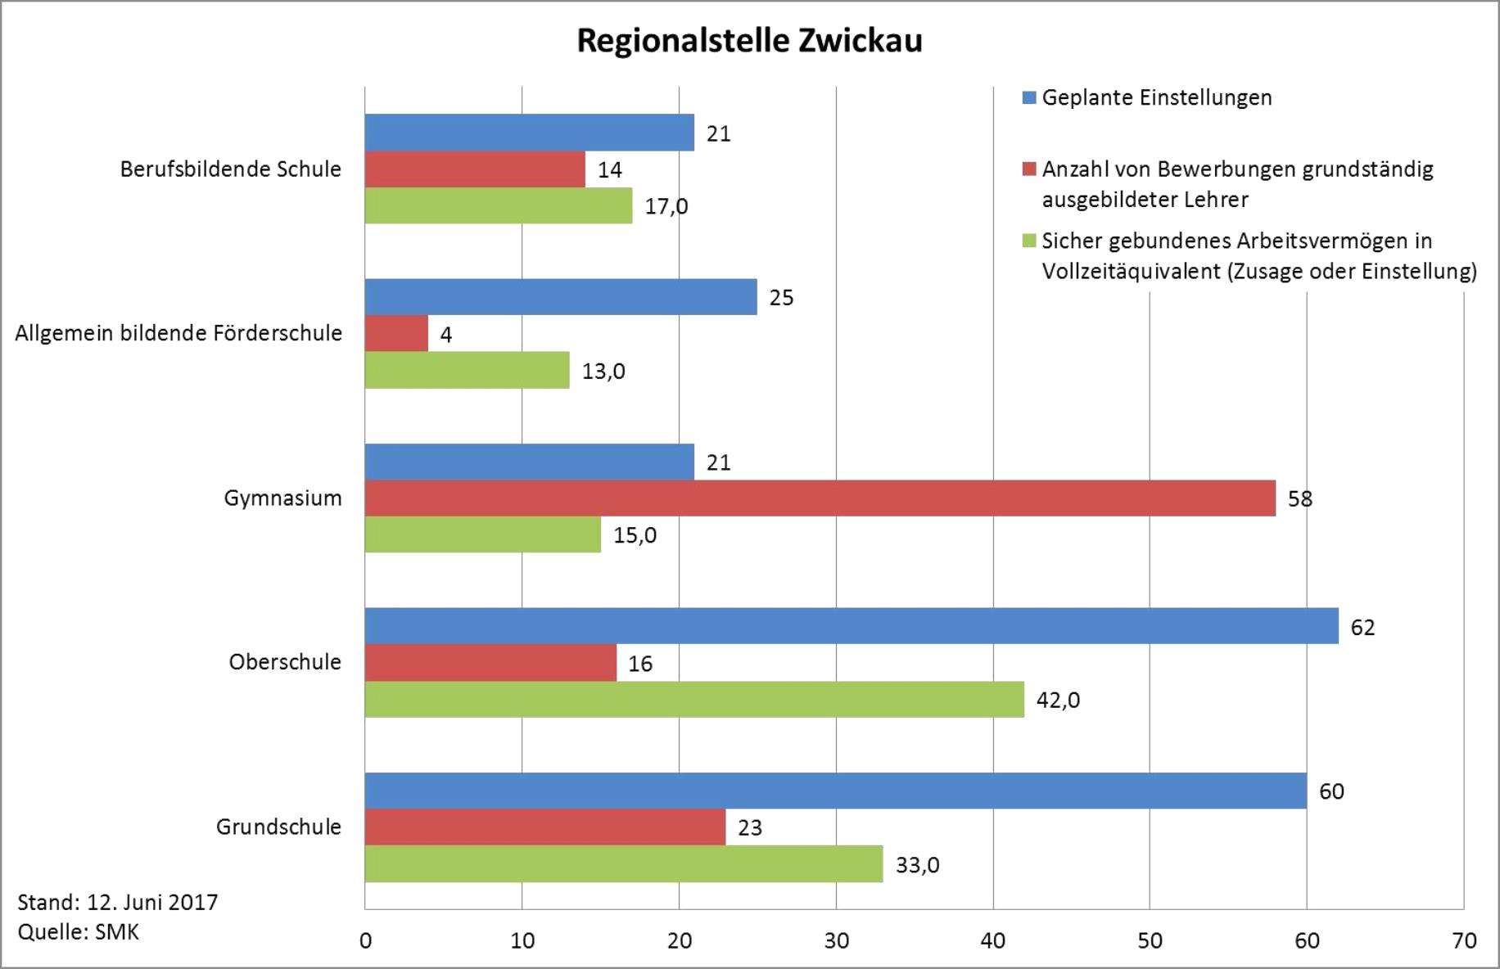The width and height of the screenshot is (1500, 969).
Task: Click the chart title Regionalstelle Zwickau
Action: [749, 41]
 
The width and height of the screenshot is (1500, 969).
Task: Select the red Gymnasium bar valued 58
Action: [820, 498]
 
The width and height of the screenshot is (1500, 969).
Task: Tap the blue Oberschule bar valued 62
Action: [852, 626]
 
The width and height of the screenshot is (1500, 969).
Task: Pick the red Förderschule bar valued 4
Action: [396, 334]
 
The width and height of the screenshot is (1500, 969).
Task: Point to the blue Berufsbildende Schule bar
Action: [530, 133]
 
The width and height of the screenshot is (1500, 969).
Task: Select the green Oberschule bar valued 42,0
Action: [694, 700]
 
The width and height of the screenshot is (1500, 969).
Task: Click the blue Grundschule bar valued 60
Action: [836, 791]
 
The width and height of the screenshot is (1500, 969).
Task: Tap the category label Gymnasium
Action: [282, 498]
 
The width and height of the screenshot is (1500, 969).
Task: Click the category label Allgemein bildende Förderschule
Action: [178, 334]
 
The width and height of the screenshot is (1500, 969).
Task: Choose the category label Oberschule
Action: [285, 662]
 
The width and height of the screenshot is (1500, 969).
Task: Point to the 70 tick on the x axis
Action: [1464, 941]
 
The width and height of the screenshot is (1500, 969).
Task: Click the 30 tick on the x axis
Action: [836, 941]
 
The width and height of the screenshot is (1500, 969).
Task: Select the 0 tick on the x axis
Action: [365, 941]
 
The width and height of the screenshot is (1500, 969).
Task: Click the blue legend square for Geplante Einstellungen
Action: [1029, 98]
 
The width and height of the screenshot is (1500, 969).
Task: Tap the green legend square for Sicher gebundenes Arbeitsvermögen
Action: [1029, 241]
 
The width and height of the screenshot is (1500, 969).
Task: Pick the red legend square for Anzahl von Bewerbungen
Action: [1029, 169]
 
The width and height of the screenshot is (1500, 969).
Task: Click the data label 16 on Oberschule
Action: [640, 664]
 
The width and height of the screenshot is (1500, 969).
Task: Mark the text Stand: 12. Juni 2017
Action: [118, 903]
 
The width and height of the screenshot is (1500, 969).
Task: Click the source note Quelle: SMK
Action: [79, 932]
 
